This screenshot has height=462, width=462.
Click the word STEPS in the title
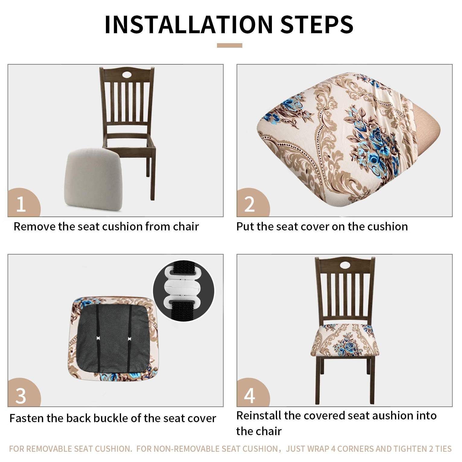317,24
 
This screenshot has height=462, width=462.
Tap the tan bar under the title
229,45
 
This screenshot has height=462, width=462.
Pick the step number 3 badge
24,393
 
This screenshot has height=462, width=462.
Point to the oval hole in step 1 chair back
126,74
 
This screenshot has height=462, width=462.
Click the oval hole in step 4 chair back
345,265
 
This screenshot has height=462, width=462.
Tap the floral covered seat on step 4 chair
345,341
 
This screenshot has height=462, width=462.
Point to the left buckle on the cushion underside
98,338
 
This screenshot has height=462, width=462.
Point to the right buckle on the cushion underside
130,338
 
